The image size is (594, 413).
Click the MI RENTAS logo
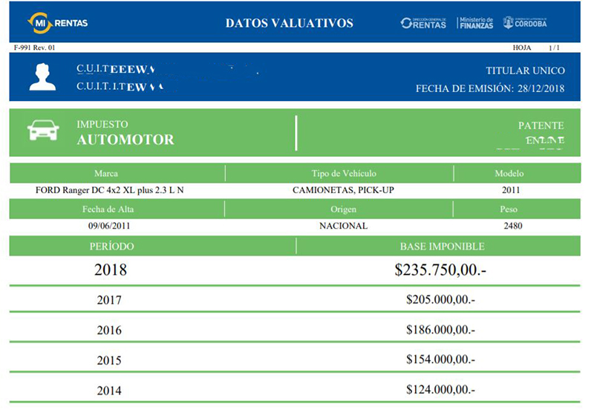point(57,23)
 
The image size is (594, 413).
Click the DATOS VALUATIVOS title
point(290,23)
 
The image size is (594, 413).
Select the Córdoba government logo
point(525,22)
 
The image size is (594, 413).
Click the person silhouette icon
point(42,77)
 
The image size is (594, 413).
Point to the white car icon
point(43,131)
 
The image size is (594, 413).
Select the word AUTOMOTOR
point(125,140)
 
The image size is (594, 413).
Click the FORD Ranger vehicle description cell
point(110,190)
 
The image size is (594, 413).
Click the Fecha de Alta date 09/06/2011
point(111,226)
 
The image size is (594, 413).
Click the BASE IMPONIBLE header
point(442,247)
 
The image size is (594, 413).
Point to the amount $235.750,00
point(440,270)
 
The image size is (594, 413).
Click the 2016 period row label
point(109,331)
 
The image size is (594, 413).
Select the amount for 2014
point(440,389)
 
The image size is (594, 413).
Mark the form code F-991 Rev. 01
point(35,48)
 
